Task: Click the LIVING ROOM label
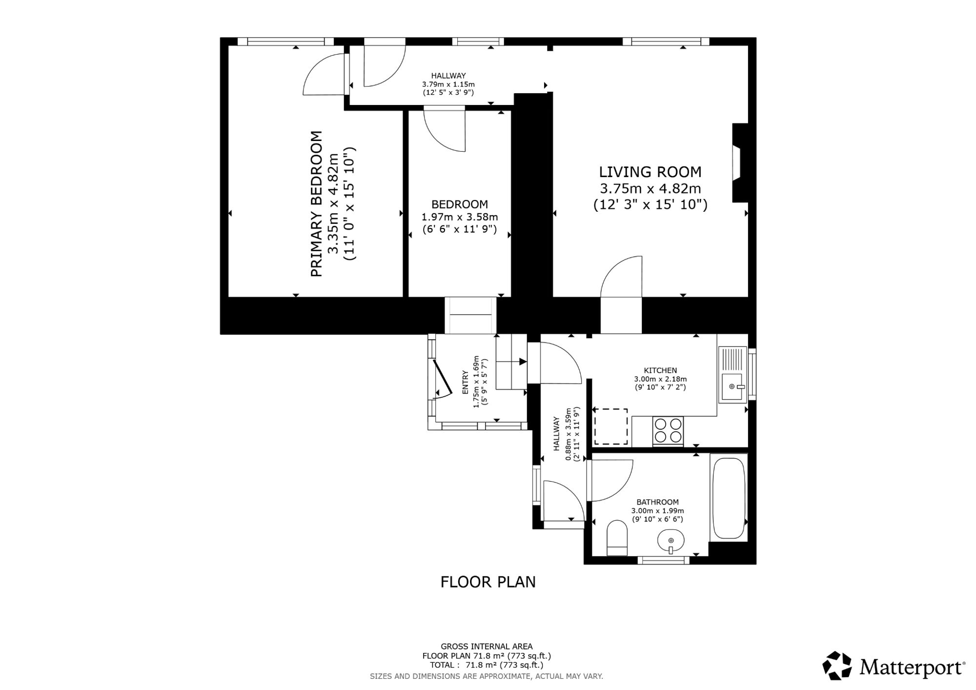click(650, 172)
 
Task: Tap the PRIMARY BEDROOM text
click(317, 204)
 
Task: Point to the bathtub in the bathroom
click(729, 498)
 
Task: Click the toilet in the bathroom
click(617, 538)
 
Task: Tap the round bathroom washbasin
click(671, 541)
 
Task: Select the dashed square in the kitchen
click(610, 426)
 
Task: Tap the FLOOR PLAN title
click(488, 582)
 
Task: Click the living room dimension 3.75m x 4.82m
click(650, 188)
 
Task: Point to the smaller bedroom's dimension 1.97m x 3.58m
click(460, 217)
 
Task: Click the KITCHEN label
click(660, 370)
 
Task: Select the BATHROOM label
click(657, 502)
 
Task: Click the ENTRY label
click(465, 383)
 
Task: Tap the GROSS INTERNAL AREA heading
click(487, 647)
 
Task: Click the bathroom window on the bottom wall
click(664, 560)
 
